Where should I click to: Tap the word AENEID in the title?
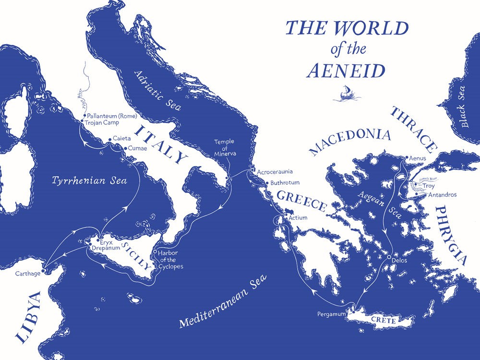pyautogui.click(x=346, y=71)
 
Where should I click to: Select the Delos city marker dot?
pyautogui.click(x=389, y=258)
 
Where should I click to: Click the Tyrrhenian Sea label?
pyautogui.click(x=89, y=181)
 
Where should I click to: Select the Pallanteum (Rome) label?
pyautogui.click(x=112, y=116)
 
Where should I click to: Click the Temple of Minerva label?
pyautogui.click(x=225, y=148)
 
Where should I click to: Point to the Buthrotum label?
pyautogui.click(x=285, y=183)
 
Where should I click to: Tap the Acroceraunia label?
pyautogui.click(x=274, y=171)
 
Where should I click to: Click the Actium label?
pyautogui.click(x=297, y=218)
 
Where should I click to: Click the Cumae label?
pyautogui.click(x=138, y=148)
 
